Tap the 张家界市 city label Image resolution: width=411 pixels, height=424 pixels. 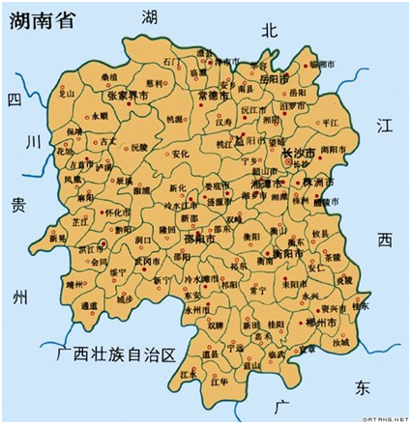point(127,98)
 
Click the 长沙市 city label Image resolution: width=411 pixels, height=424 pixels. point(298,155)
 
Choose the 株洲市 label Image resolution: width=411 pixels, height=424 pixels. point(317,182)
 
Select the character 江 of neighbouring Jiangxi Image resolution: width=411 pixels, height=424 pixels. point(384,127)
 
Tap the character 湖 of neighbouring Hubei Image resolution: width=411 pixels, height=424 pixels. point(150,16)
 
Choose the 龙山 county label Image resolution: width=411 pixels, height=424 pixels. point(67,94)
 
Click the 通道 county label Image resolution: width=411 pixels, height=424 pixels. point(90,305)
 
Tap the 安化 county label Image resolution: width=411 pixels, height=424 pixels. point(181,153)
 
